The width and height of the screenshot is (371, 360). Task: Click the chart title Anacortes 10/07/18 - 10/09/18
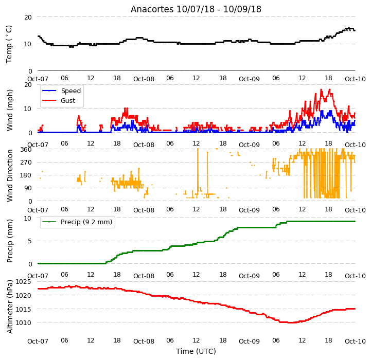click(x=196, y=9)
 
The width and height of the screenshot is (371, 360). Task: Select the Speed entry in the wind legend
click(x=70, y=91)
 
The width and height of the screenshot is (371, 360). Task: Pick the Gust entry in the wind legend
click(x=68, y=101)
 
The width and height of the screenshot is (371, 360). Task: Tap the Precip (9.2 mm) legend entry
click(x=86, y=222)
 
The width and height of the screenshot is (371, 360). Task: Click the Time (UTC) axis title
click(x=196, y=351)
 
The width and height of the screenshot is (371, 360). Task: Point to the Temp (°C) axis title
click(x=9, y=44)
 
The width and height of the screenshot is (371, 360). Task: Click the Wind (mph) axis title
click(x=10, y=110)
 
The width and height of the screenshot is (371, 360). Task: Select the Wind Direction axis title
click(x=10, y=176)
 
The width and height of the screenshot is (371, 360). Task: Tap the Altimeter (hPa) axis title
click(x=10, y=307)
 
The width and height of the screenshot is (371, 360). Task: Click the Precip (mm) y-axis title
click(x=10, y=241)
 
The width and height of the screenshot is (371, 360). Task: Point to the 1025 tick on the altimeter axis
click(x=24, y=282)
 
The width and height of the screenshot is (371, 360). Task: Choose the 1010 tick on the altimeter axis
click(x=24, y=322)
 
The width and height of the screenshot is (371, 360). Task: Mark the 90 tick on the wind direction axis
click(x=28, y=188)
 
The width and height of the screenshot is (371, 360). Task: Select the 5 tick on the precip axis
click(x=30, y=241)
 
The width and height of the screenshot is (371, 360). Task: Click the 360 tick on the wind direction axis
click(x=26, y=150)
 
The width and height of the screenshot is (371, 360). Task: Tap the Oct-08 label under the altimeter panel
click(x=144, y=341)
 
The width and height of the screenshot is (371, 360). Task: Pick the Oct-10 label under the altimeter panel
click(x=355, y=341)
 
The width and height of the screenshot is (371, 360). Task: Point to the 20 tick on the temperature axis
click(x=28, y=17)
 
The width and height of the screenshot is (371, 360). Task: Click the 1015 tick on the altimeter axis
click(x=24, y=310)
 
